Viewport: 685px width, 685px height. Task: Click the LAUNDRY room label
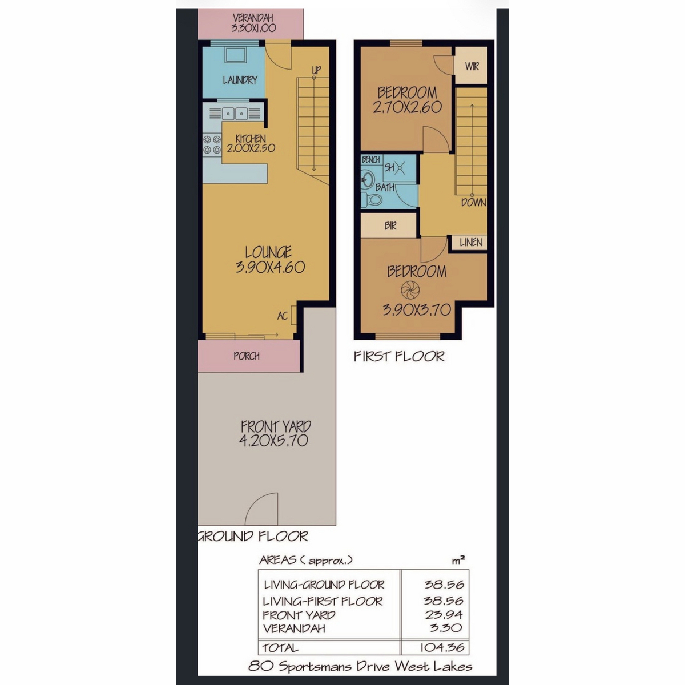[240, 80]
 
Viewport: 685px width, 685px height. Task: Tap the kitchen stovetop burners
[212, 144]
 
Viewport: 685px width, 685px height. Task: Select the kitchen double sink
[235, 114]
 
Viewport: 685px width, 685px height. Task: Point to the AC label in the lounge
[282, 316]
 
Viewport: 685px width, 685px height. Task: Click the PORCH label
[247, 356]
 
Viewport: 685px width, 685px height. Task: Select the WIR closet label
[472, 66]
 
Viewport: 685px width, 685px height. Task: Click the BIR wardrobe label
[390, 225]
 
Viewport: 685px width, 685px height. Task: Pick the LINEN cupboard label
[471, 243]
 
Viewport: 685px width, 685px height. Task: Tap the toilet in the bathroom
[371, 199]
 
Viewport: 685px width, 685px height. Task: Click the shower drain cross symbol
[400, 167]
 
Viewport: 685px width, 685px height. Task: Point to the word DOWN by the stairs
[473, 203]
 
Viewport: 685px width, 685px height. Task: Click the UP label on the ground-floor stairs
[316, 70]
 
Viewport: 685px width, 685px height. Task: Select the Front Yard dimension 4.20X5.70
[273, 441]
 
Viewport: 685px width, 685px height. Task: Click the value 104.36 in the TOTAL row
[442, 647]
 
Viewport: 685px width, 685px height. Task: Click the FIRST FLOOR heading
[399, 356]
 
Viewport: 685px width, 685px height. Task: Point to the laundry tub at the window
[235, 55]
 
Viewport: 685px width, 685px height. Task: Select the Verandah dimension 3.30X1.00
[254, 28]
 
